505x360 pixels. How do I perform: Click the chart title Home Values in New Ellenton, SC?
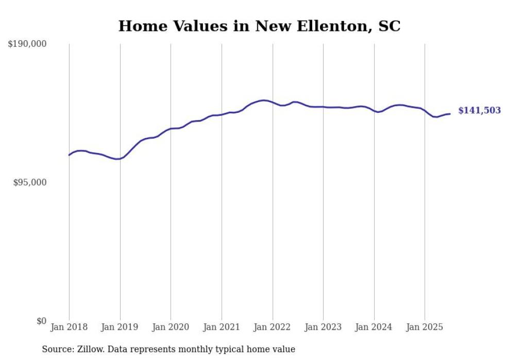click(x=259, y=26)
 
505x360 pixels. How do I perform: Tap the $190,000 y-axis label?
click(x=27, y=44)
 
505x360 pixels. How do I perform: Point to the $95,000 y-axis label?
click(x=29, y=182)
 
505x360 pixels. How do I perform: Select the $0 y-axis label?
click(x=41, y=321)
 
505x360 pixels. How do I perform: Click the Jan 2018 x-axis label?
click(x=69, y=327)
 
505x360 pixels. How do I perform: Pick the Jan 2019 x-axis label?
click(x=120, y=327)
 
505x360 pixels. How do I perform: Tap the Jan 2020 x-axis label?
click(x=171, y=327)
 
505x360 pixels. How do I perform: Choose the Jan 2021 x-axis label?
click(x=222, y=327)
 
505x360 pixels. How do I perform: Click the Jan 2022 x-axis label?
click(x=273, y=327)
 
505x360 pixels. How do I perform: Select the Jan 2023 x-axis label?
click(x=323, y=327)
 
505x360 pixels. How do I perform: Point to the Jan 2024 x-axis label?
click(x=374, y=327)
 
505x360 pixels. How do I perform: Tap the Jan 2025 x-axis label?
click(x=425, y=327)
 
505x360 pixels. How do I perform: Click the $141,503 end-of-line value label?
click(x=479, y=111)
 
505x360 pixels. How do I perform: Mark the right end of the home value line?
click(x=450, y=114)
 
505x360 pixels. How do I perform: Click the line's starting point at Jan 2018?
click(x=69, y=155)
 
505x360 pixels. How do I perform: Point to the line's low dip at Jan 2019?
click(x=118, y=159)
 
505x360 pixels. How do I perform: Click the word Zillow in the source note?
click(x=90, y=349)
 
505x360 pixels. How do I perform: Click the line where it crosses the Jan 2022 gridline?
click(x=273, y=102)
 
